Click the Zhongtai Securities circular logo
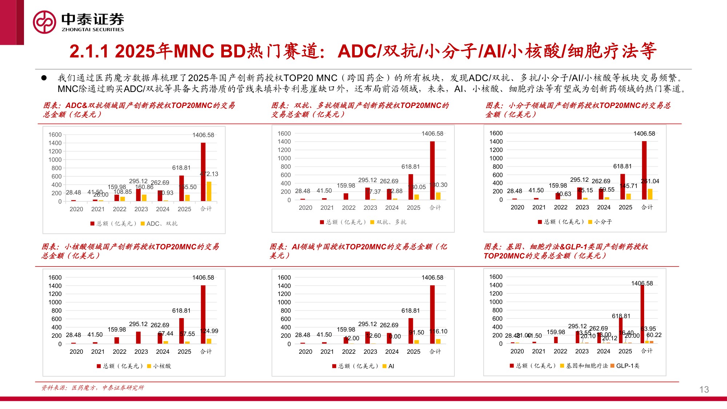pyautogui.click(x=44, y=22)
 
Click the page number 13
pyautogui.click(x=704, y=389)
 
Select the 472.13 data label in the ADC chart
pyautogui.click(x=209, y=174)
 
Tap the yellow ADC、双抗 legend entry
pyautogui.click(x=159, y=224)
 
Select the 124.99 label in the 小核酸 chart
pyautogui.click(x=209, y=331)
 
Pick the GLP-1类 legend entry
pyautogui.click(x=625, y=366)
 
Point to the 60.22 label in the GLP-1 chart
pyautogui.click(x=654, y=335)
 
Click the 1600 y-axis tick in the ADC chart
pyautogui.click(x=55, y=135)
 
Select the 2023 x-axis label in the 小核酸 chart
pyautogui.click(x=141, y=352)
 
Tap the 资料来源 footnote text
pyautogui.click(x=93, y=388)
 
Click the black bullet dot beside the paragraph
pyautogui.click(x=44, y=78)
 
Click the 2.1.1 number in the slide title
pyautogui.click(x=89, y=51)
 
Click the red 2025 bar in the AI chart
pyautogui.click(x=411, y=331)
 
